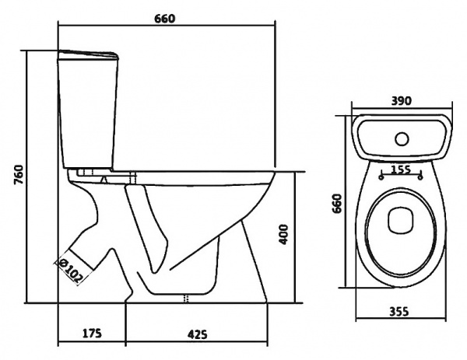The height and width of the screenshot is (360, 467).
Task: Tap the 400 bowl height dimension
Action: coord(284,233)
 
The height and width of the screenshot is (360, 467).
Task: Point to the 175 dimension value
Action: coord(92,334)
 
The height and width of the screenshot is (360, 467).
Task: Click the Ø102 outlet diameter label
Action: coord(72,268)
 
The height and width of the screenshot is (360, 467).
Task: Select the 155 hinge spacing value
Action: coord(401,170)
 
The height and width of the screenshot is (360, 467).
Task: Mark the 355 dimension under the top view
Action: coord(401,313)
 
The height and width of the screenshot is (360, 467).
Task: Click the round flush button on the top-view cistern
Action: coord(402,139)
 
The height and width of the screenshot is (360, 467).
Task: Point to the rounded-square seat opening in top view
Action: coord(401,220)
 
